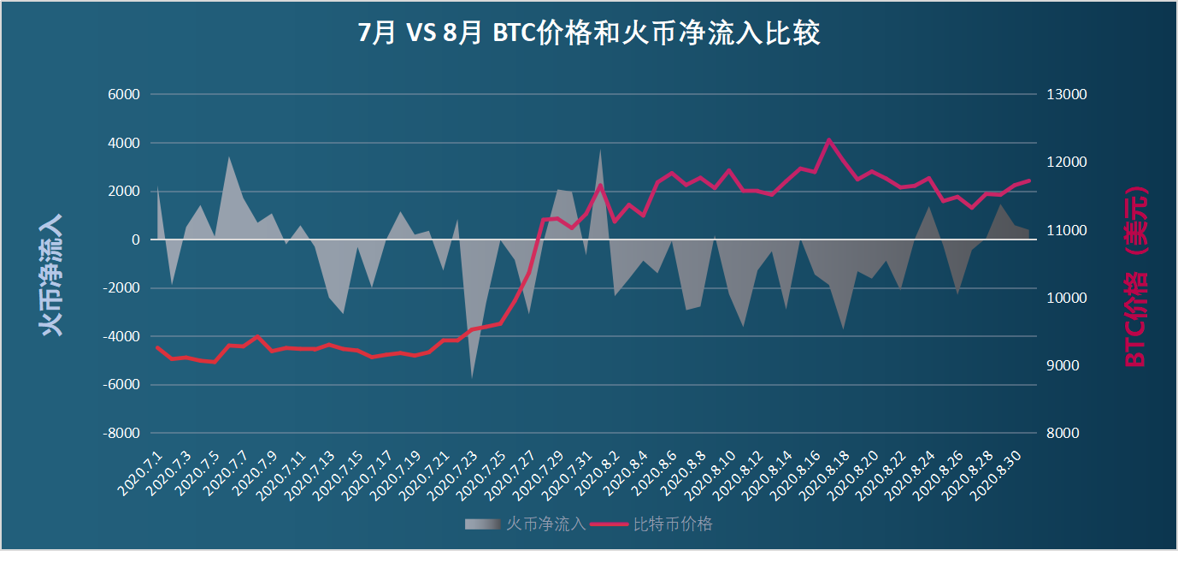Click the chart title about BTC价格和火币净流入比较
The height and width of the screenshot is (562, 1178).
pos(589,33)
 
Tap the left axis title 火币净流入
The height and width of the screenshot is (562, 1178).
pos(51,275)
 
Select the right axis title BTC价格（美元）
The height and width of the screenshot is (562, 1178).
pos(1136,276)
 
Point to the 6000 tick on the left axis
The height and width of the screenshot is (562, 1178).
pos(122,94)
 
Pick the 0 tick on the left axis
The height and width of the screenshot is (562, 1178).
pos(134,240)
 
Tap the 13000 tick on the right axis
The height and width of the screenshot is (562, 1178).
pos(1066,94)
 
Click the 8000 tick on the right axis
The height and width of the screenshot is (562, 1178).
pos(1063,434)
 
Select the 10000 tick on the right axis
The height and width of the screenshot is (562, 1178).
pos(1066,298)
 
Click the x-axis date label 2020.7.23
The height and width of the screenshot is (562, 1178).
pos(453,476)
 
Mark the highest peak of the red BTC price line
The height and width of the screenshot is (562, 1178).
pos(828,139)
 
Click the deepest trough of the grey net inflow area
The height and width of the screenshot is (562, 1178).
pos(472,377)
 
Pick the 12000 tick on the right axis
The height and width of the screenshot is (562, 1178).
pos(1066,162)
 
